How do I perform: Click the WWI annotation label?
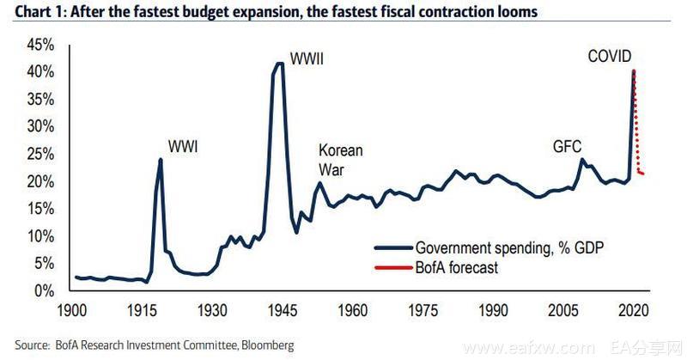[x=182, y=146]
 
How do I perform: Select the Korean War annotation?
[x=341, y=160]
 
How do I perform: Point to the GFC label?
[x=568, y=146]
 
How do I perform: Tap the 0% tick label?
[x=46, y=291]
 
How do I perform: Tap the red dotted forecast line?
[x=637, y=129]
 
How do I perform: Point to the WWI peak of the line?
[x=161, y=160]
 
